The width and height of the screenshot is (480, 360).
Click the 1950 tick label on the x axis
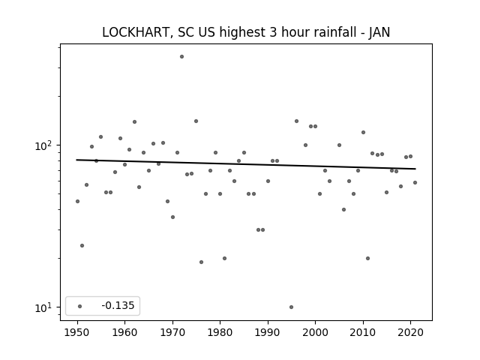pos(77,332)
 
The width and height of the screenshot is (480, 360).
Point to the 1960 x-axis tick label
pos(125,332)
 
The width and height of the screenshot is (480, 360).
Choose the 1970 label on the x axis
pos(172,332)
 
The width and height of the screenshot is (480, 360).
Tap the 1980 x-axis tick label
pos(220,332)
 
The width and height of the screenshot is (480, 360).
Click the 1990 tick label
pos(268,332)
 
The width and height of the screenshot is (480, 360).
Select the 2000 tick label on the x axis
pos(315,332)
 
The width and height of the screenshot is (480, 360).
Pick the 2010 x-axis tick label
pos(363,332)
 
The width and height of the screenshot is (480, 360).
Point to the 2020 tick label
pos(410,332)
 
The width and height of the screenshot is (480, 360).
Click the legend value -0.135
pos(118,305)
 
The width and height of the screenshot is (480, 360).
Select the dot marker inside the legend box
pos(80,306)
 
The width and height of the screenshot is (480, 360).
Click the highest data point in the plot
pos(181,57)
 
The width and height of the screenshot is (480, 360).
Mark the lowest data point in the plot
pos(291,307)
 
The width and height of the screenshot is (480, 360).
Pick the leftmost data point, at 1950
pos(77,201)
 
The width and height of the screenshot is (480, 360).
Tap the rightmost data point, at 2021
pos(415,182)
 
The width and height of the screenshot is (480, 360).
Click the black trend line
pos(246,164)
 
